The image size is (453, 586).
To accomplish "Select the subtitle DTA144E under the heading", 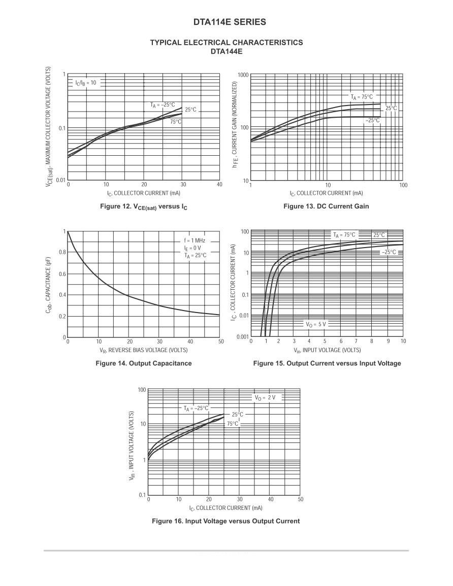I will tap(226, 51).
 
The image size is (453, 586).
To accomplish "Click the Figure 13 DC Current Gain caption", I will tap(326, 206).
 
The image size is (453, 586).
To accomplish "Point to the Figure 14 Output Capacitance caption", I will tap(144, 363).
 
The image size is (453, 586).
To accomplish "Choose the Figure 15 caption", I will tap(327, 363).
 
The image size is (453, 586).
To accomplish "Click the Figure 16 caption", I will tap(225, 521).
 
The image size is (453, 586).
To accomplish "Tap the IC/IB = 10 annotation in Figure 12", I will tap(85, 83).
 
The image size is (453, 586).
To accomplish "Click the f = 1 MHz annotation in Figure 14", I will tap(195, 240).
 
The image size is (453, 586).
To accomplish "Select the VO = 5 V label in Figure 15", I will tap(315, 324).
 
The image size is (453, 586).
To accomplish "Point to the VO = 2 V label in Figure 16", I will tap(265, 397).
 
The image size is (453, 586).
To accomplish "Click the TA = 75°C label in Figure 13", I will tap(361, 96).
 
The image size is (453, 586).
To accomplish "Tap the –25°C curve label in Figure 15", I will tap(389, 252).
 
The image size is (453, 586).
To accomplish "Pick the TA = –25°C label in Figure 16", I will tap(196, 408).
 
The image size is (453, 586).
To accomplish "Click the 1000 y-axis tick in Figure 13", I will tap(243, 75).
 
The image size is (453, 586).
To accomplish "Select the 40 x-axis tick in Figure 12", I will tap(219, 185).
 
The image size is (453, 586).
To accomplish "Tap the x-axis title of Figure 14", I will tap(144, 350).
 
